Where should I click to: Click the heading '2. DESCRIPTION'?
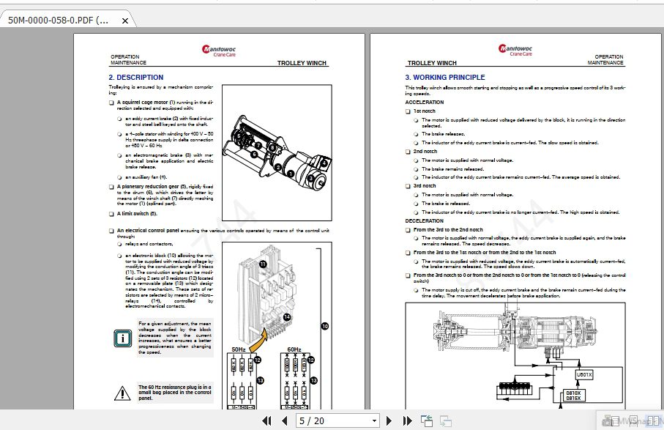pyautogui.click(x=136, y=77)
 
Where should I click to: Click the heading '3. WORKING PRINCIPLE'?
pyautogui.click(x=445, y=77)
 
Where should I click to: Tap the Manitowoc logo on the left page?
pyautogui.click(x=219, y=50)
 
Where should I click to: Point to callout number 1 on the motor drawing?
pyautogui.click(x=291, y=174)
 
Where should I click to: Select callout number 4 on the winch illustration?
pyautogui.click(x=310, y=179)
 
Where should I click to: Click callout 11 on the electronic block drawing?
pyautogui.click(x=263, y=263)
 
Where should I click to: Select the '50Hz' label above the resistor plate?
pyautogui.click(x=239, y=349)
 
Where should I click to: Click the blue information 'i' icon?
pyautogui.click(x=122, y=338)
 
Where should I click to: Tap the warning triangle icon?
pyautogui.click(x=122, y=393)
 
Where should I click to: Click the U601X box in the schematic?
pyautogui.click(x=584, y=374)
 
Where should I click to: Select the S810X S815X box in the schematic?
pyautogui.click(x=574, y=396)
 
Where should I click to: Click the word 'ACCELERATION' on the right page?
pyautogui.click(x=425, y=103)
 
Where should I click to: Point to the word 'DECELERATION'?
pyautogui.click(x=425, y=220)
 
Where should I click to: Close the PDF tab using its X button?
pyautogui.click(x=125, y=21)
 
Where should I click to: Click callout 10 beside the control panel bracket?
pyautogui.click(x=324, y=326)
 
